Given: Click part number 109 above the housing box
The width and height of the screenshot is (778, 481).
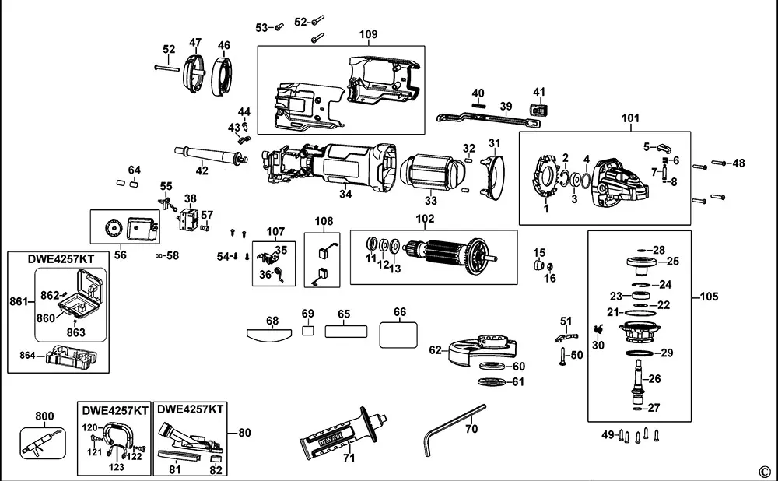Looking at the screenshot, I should pyautogui.click(x=368, y=34).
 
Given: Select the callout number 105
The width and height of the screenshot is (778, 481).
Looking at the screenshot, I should pyautogui.click(x=709, y=297).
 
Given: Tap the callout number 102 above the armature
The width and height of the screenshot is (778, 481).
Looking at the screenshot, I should pyautogui.click(x=426, y=219).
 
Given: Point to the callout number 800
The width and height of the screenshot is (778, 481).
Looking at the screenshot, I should pyautogui.click(x=45, y=416).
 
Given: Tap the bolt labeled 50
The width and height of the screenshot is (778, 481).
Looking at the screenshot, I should pyautogui.click(x=561, y=356).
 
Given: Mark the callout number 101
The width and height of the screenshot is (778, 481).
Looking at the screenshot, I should pyautogui.click(x=630, y=118).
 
